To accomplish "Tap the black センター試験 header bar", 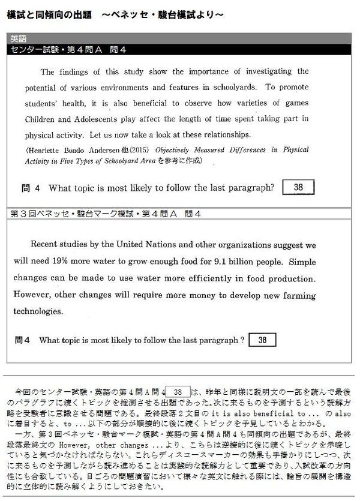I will pos(180,49).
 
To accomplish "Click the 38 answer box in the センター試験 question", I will pos(298,188).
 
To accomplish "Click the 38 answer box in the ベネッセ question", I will pos(262,340).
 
